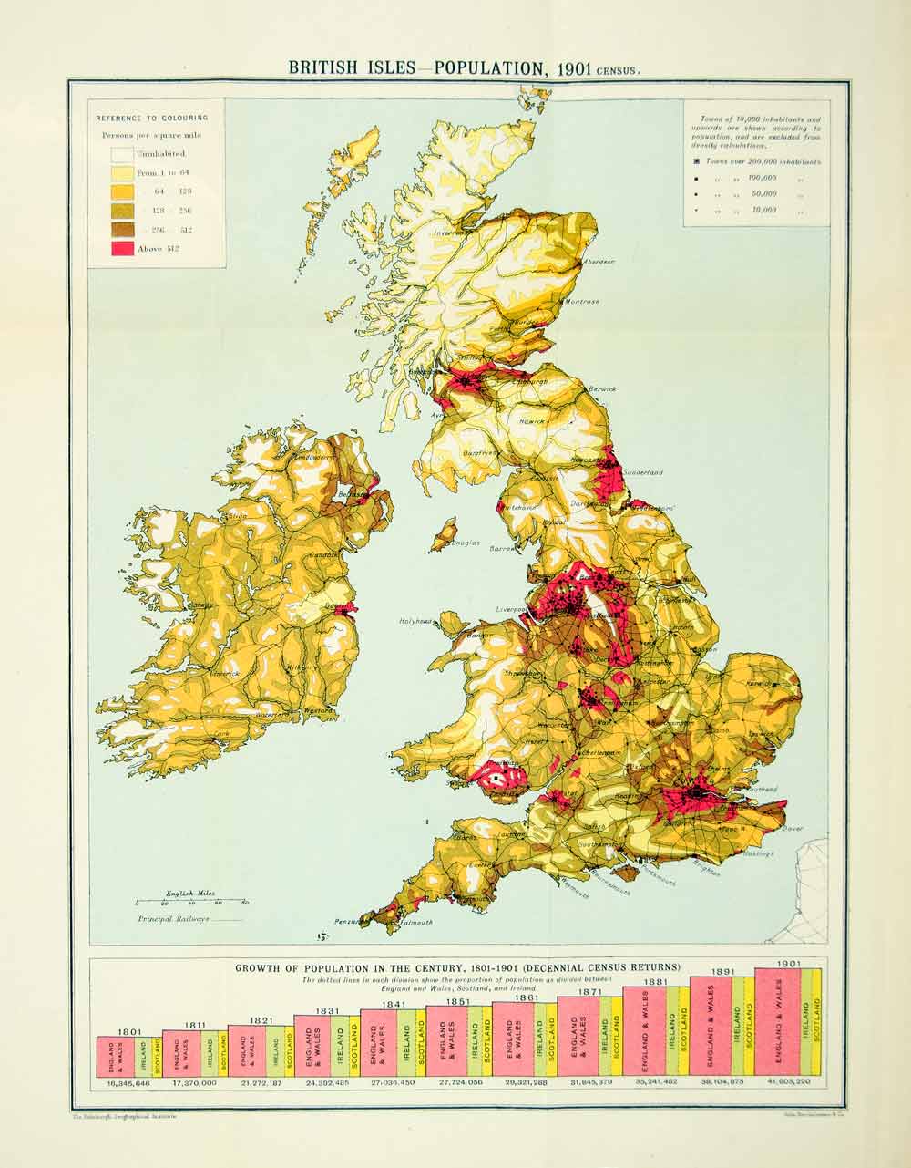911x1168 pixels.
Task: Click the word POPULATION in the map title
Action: click(x=488, y=67)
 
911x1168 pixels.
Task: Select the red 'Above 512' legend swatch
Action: click(x=123, y=249)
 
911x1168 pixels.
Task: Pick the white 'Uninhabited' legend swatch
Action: click(x=123, y=154)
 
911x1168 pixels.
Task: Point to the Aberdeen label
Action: click(x=597, y=262)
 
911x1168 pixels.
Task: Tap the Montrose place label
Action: click(x=582, y=302)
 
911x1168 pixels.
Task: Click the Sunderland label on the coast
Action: click(x=643, y=473)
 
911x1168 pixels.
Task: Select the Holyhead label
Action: click(x=415, y=622)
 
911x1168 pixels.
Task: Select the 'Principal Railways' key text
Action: click(x=174, y=920)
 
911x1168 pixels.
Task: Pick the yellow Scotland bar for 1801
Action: click(x=156, y=1055)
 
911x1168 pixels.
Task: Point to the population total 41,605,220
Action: click(x=789, y=1082)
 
